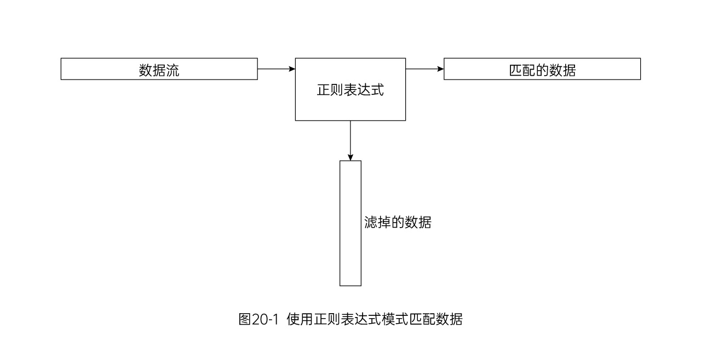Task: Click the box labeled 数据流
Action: tap(159, 70)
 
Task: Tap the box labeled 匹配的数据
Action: tap(542, 70)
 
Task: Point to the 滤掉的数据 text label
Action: tap(398, 223)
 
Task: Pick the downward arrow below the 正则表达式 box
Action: tap(350, 140)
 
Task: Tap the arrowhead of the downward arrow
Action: tap(350, 157)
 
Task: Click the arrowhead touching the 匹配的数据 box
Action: tap(440, 69)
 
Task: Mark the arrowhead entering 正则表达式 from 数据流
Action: tap(292, 69)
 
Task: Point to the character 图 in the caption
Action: tap(245, 319)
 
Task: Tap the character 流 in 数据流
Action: tap(173, 71)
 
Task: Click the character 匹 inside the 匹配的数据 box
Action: tap(516, 71)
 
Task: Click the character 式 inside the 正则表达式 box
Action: tap(377, 90)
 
